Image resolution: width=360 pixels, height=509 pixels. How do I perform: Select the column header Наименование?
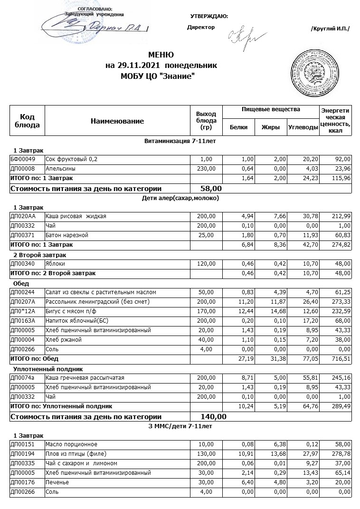click(117, 121)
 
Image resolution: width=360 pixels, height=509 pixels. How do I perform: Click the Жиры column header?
click(270, 127)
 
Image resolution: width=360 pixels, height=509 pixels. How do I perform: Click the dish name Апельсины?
click(60, 168)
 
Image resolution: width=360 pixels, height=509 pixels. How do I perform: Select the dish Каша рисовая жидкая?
click(76, 216)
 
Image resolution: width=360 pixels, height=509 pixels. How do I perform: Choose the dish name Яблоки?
click(55, 263)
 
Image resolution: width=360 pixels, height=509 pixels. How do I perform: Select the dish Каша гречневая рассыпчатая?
click(85, 377)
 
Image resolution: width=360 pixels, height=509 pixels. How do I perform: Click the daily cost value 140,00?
click(214, 417)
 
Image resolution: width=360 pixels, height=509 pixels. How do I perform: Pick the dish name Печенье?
click(57, 482)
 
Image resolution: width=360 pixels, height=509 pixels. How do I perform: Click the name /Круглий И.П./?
click(330, 29)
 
